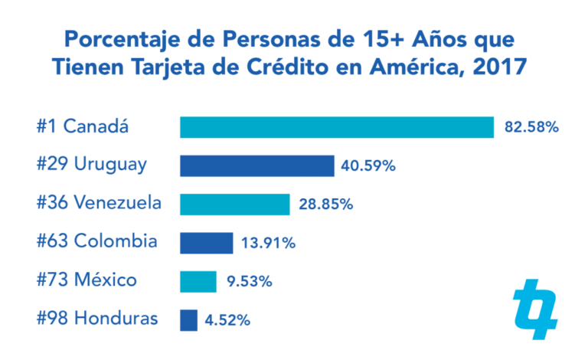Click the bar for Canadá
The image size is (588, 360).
pos(336,127)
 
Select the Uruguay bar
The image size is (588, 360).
pos(256,165)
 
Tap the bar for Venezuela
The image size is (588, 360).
pos(234,205)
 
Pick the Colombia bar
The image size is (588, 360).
pos(206,243)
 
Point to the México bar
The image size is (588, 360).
pos(198,281)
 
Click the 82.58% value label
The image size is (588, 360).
pos(531,127)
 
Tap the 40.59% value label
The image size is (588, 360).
pos(368,165)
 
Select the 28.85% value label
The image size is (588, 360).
pos(325,205)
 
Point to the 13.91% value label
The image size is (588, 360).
pos(268,244)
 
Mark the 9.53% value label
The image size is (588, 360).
pos(250,282)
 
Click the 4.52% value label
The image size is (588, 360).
pos(227,320)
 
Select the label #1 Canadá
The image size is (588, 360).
pos(82,126)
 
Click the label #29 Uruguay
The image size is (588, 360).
pos(91,165)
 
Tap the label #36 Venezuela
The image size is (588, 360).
pos(99,204)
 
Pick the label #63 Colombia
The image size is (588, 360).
pos(96,242)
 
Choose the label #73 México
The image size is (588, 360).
pos(87,280)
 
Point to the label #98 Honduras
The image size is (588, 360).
pos(97,319)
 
